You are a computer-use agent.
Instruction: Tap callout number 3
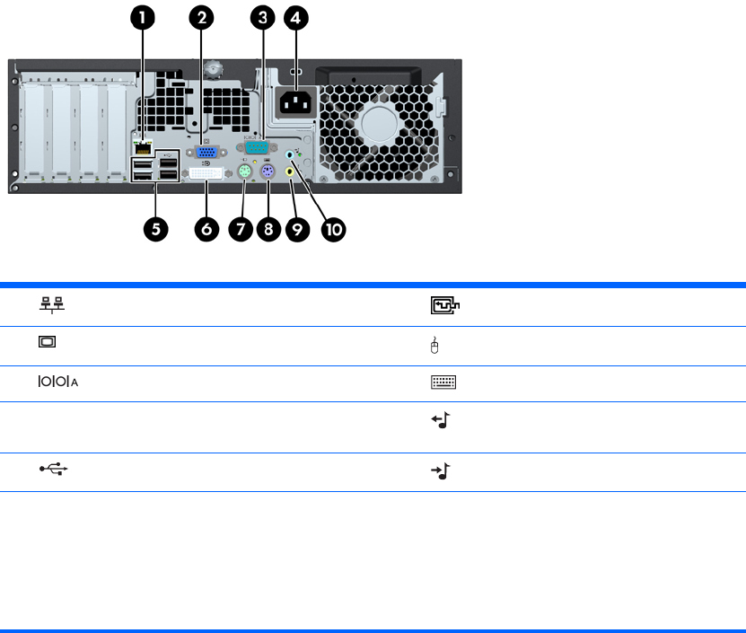pyautogui.click(x=262, y=17)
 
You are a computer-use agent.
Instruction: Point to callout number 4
pyautogui.click(x=296, y=17)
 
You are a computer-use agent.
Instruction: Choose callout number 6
pyautogui.click(x=207, y=229)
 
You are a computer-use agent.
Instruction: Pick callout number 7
pyautogui.click(x=241, y=229)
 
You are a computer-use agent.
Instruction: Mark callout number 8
pyautogui.click(x=268, y=229)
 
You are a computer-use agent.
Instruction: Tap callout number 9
pyautogui.click(x=297, y=229)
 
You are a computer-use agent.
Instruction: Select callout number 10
pyautogui.click(x=333, y=229)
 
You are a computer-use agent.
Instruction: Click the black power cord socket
pyautogui.click(x=295, y=103)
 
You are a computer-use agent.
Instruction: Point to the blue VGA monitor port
pyautogui.click(x=205, y=153)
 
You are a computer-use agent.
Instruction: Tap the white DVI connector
pyautogui.click(x=207, y=174)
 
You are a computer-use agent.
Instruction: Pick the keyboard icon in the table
pyautogui.click(x=444, y=381)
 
